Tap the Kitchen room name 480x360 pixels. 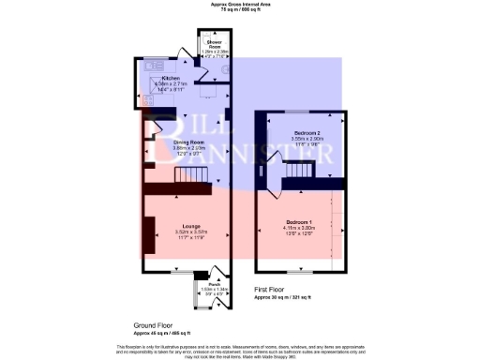coord(171,78)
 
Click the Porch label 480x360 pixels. coord(214,282)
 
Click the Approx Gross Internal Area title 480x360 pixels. coord(240,5)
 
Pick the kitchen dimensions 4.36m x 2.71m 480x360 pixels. coord(171,83)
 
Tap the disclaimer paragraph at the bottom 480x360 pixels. coord(240,350)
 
